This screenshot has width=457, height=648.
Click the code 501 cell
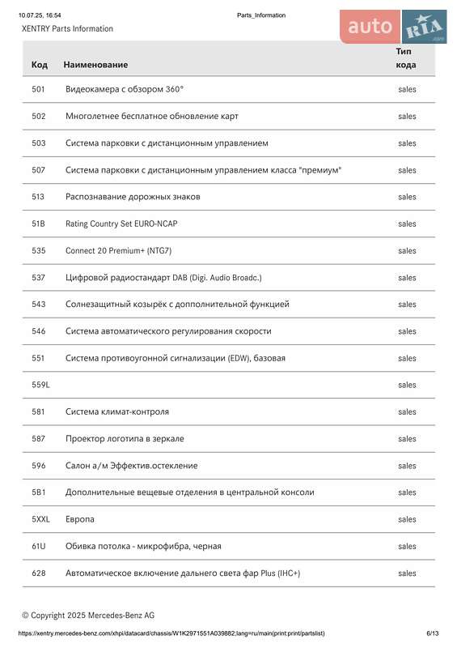[38, 89]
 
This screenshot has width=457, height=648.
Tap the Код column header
[39, 64]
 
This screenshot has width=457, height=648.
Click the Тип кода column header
[406, 58]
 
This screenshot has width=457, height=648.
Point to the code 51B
[38, 224]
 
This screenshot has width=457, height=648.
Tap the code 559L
[40, 385]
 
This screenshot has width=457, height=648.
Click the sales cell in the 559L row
[407, 385]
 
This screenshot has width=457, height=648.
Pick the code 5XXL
[40, 519]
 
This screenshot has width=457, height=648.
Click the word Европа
[80, 519]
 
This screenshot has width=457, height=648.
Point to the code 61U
[38, 546]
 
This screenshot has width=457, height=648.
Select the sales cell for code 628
[407, 573]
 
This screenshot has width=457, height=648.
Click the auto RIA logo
[393, 28]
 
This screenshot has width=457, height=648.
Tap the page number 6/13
[433, 633]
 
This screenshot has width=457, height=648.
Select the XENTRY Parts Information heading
[67, 28]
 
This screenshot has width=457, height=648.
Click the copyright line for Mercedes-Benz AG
[88, 615]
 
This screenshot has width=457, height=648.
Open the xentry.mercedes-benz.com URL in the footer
[171, 633]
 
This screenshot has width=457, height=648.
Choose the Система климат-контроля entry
[117, 411]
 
